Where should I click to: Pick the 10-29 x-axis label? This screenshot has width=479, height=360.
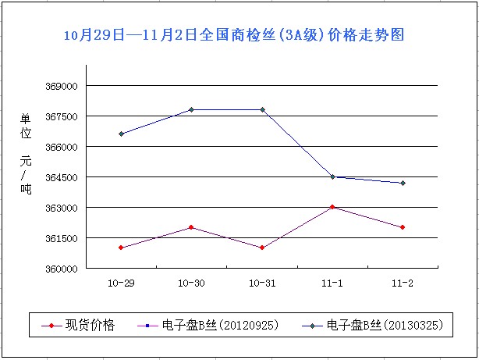121,282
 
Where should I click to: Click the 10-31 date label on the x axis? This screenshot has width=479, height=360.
262,282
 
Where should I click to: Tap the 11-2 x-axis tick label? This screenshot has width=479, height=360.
403,282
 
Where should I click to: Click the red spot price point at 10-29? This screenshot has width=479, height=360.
121,248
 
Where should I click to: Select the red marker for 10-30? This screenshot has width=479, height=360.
192,227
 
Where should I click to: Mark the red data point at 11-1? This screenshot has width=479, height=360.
332,207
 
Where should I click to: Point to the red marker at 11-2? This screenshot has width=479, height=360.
403,227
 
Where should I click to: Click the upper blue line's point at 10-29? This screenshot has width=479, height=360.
121,134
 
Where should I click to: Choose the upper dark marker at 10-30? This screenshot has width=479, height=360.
192,109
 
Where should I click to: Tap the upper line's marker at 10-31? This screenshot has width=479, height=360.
262,109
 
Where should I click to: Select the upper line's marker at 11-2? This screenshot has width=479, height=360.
403,183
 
